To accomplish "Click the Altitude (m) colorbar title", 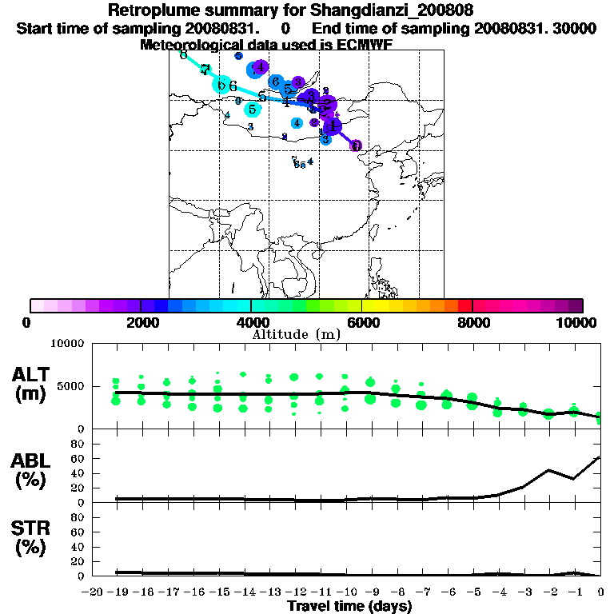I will point(297,334).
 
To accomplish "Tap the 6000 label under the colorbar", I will point(361,322).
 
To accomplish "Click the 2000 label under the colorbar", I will point(141,322).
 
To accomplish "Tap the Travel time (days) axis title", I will point(349,607).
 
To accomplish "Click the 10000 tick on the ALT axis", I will point(67,344).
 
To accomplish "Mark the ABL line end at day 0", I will point(600,457).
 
